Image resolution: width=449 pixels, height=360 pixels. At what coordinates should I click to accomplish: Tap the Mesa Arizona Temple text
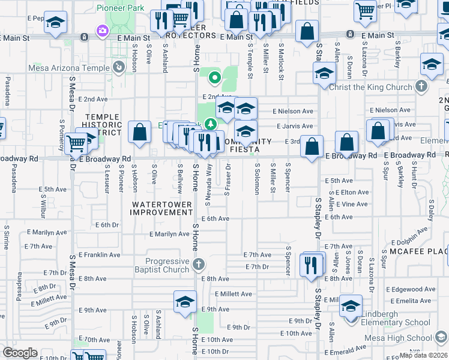(68, 68)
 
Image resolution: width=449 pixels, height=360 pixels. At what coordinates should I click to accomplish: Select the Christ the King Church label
(371, 87)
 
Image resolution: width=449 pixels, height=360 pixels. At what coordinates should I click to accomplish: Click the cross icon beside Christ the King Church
(421, 86)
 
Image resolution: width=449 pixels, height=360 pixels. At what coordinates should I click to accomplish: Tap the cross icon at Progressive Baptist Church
(199, 264)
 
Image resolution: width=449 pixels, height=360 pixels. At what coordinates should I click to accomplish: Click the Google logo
(20, 353)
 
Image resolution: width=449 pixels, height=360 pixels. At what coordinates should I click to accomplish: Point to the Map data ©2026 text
(424, 355)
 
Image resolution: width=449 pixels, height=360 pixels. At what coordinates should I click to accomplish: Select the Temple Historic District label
(104, 125)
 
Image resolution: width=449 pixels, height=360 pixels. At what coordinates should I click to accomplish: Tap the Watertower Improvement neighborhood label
(162, 208)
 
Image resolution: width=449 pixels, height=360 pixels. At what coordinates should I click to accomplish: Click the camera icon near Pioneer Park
(103, 30)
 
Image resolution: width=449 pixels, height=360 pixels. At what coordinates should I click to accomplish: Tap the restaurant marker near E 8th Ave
(310, 264)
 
